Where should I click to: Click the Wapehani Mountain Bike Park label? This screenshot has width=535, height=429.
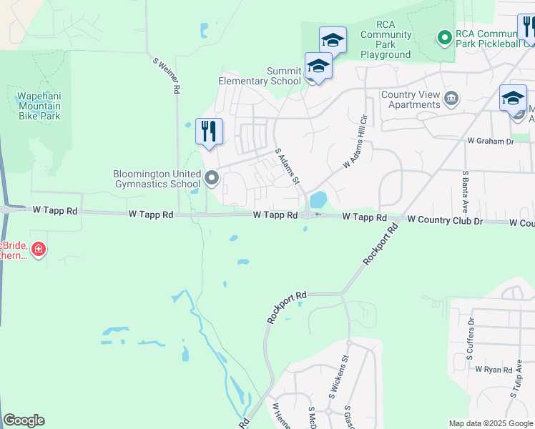[x=39, y=104]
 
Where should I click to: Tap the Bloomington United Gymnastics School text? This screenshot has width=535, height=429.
[x=156, y=179]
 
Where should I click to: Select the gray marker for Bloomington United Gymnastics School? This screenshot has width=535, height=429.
[x=211, y=178]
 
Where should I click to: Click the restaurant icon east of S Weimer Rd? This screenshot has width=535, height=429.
[x=209, y=131]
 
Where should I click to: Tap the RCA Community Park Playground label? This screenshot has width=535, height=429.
[x=386, y=44]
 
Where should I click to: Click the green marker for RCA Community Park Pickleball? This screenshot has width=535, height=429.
[x=443, y=36]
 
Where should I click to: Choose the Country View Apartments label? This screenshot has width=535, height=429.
[x=410, y=99]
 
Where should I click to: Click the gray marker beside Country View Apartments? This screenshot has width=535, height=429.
[x=451, y=98]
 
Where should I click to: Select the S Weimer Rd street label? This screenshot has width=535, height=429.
[x=165, y=76]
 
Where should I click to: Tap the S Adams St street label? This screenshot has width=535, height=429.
[x=288, y=167]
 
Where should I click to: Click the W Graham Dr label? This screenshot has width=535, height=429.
[x=490, y=142]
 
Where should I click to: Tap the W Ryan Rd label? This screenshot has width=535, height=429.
[x=494, y=370]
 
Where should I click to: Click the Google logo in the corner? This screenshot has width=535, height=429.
[x=24, y=420]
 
